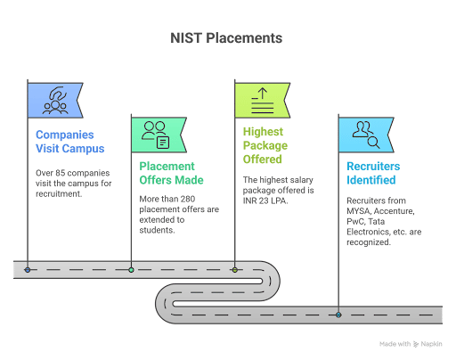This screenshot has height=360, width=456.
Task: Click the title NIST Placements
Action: pos(227,38)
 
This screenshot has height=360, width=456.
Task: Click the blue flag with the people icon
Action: pos(54,100)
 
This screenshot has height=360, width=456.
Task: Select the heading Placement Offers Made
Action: pos(171,173)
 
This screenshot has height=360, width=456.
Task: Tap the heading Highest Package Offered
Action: pos(263,145)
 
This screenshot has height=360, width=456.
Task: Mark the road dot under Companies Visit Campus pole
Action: pos(28,268)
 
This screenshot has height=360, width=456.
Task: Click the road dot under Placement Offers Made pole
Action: pos(132,268)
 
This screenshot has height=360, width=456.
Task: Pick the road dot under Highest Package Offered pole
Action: pos(235,268)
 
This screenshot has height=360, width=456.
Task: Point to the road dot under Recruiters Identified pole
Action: pos(339,314)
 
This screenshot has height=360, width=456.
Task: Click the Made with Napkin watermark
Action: pos(411,342)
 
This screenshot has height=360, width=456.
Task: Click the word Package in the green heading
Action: pos(264,145)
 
